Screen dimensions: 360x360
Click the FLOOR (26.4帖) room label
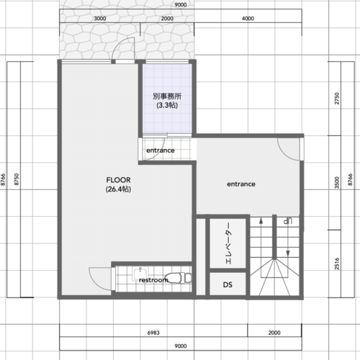pos(118,184)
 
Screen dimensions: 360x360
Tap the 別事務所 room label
pos(167,96)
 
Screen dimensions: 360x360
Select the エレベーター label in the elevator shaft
pos(228,243)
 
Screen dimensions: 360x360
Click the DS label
pos(228,284)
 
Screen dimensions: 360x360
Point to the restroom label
pos(153,280)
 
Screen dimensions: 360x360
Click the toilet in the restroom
pos(179,278)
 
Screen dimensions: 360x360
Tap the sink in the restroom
pos(140,274)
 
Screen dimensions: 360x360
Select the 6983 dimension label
pos(153,333)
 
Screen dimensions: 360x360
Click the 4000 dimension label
pos(248,18)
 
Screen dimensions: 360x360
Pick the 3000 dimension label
pos(100,18)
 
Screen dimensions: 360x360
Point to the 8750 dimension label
pos(17,179)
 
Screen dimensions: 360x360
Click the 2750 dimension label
pos(337,99)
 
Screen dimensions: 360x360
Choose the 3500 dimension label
pos(337,183)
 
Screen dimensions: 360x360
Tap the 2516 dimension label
pos(337,264)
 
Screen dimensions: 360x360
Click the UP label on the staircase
pos(287,220)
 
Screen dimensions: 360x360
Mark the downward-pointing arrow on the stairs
pos(288,240)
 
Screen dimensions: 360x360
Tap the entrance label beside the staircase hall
pos(241,184)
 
